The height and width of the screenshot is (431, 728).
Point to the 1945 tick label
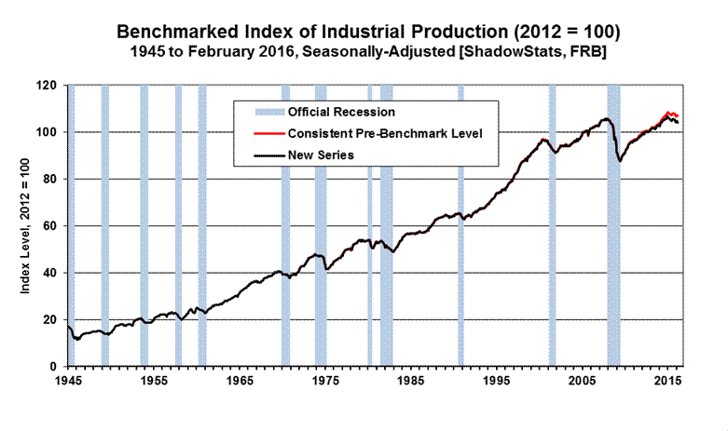click(67, 382)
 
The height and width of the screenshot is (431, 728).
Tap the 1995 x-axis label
click(497, 382)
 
